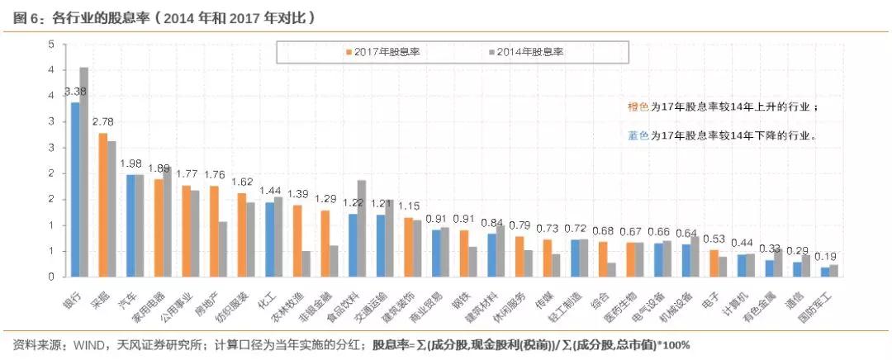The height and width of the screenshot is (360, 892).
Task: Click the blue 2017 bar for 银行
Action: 75,189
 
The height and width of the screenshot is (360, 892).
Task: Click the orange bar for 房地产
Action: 214,231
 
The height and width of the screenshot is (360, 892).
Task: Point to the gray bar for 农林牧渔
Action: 306,263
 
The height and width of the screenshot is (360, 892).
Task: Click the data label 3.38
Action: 76,92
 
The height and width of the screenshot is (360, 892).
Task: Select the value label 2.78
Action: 102,121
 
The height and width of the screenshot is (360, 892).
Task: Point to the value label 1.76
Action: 214,174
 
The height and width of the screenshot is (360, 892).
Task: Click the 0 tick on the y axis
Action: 52,277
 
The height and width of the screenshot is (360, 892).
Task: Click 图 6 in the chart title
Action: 26,17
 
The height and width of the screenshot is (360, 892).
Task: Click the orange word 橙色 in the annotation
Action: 638,107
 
